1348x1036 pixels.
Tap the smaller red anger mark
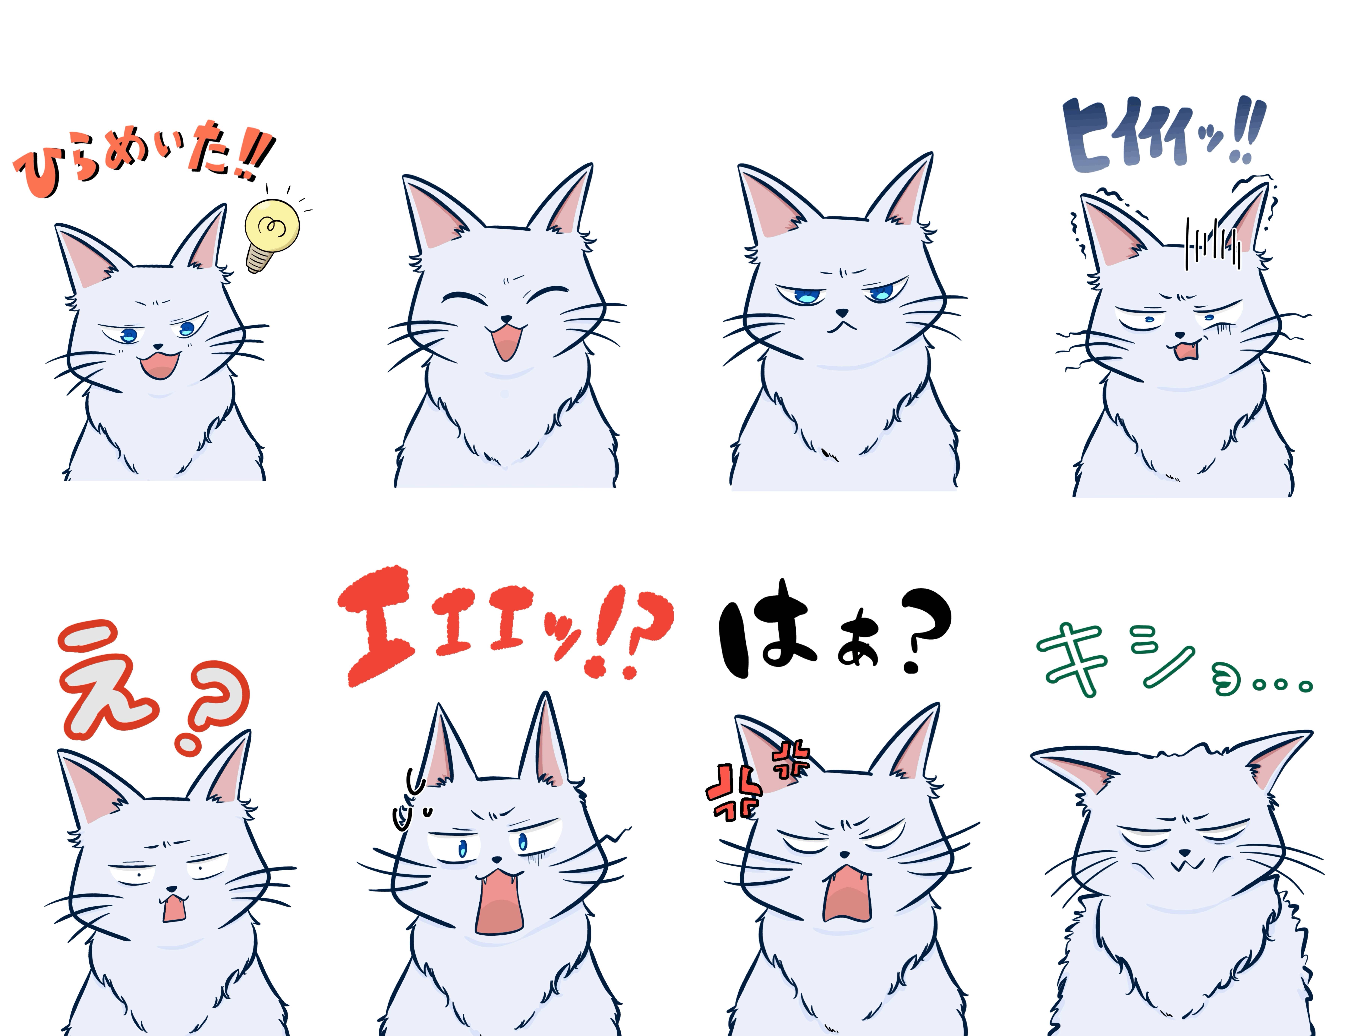[x=791, y=759]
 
